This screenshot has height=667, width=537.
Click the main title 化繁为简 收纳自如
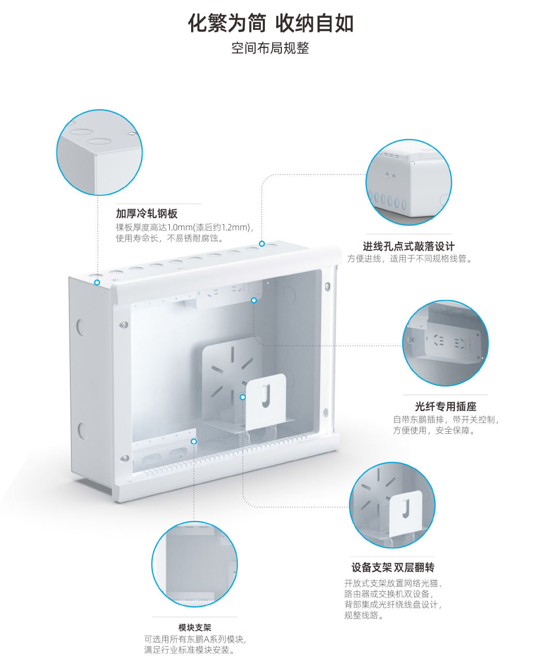pos(271,23)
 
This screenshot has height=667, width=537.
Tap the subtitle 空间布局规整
pos(270,48)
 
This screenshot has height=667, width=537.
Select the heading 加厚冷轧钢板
pos(147,214)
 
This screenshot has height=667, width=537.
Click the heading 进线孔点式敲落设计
pos(408,247)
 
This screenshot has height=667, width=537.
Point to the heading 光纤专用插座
pos(446,406)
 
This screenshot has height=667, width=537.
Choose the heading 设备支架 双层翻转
pos(392,567)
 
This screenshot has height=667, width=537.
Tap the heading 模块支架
pos(195,628)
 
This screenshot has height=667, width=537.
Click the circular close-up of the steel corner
pos(99,152)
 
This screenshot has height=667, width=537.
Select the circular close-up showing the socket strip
pos(446,343)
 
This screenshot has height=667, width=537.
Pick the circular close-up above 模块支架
pos(195,564)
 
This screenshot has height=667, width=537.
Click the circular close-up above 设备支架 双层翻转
pos(392,505)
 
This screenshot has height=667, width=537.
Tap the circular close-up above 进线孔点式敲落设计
pos(408,182)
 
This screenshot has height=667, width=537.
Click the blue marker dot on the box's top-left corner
pos(97,282)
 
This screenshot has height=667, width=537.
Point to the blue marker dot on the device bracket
pos(243,397)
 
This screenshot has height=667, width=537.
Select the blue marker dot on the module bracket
pos(194,442)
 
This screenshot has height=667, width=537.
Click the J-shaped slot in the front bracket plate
pos(266,396)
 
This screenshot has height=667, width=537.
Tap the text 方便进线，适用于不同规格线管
pos(409,258)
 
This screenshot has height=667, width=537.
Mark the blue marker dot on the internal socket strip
pos(254,300)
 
